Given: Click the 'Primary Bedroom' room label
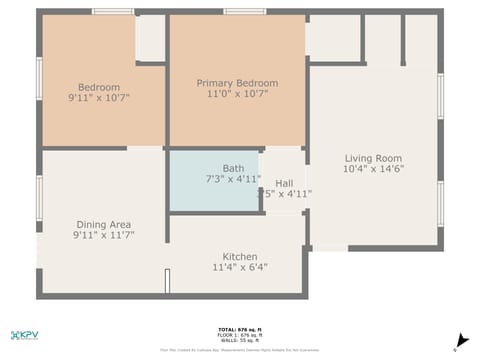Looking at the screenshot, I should point(237,83).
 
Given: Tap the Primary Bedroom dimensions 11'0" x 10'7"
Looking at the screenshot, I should point(237,95).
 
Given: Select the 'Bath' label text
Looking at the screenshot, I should point(233,168).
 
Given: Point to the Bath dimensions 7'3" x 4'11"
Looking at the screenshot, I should point(233,180).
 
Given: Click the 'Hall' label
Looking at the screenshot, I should point(284,183).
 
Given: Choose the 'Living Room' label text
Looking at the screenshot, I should point(373,158).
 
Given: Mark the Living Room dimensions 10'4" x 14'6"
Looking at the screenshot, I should point(373,170).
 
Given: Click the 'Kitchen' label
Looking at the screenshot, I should point(240,256).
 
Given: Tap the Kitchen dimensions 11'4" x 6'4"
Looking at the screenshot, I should point(240,268).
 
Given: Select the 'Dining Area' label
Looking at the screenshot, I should point(104,224).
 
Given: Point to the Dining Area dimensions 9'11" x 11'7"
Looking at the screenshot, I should point(104,236).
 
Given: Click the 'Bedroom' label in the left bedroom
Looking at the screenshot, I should point(99,87).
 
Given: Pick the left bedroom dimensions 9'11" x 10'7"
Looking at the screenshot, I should point(99,98).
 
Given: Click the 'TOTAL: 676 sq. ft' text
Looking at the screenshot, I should point(240,329).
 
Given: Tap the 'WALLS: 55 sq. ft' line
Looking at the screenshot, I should point(240,341).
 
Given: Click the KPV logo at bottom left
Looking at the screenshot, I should point(24,335).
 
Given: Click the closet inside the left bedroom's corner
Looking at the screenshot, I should point(150,38).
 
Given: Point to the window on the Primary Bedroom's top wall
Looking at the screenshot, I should point(244,12).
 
